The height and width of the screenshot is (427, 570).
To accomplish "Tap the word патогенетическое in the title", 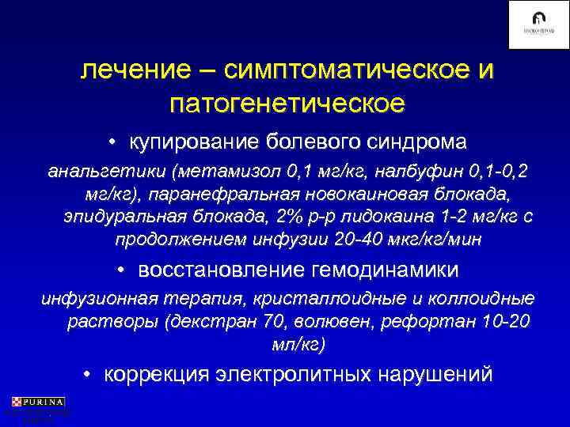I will tap(287, 104).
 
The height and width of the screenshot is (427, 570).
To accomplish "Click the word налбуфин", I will tap(409, 171).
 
